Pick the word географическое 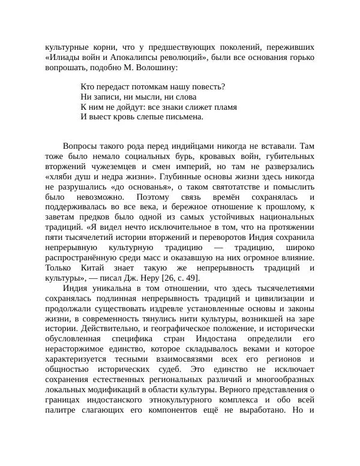(196, 329)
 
